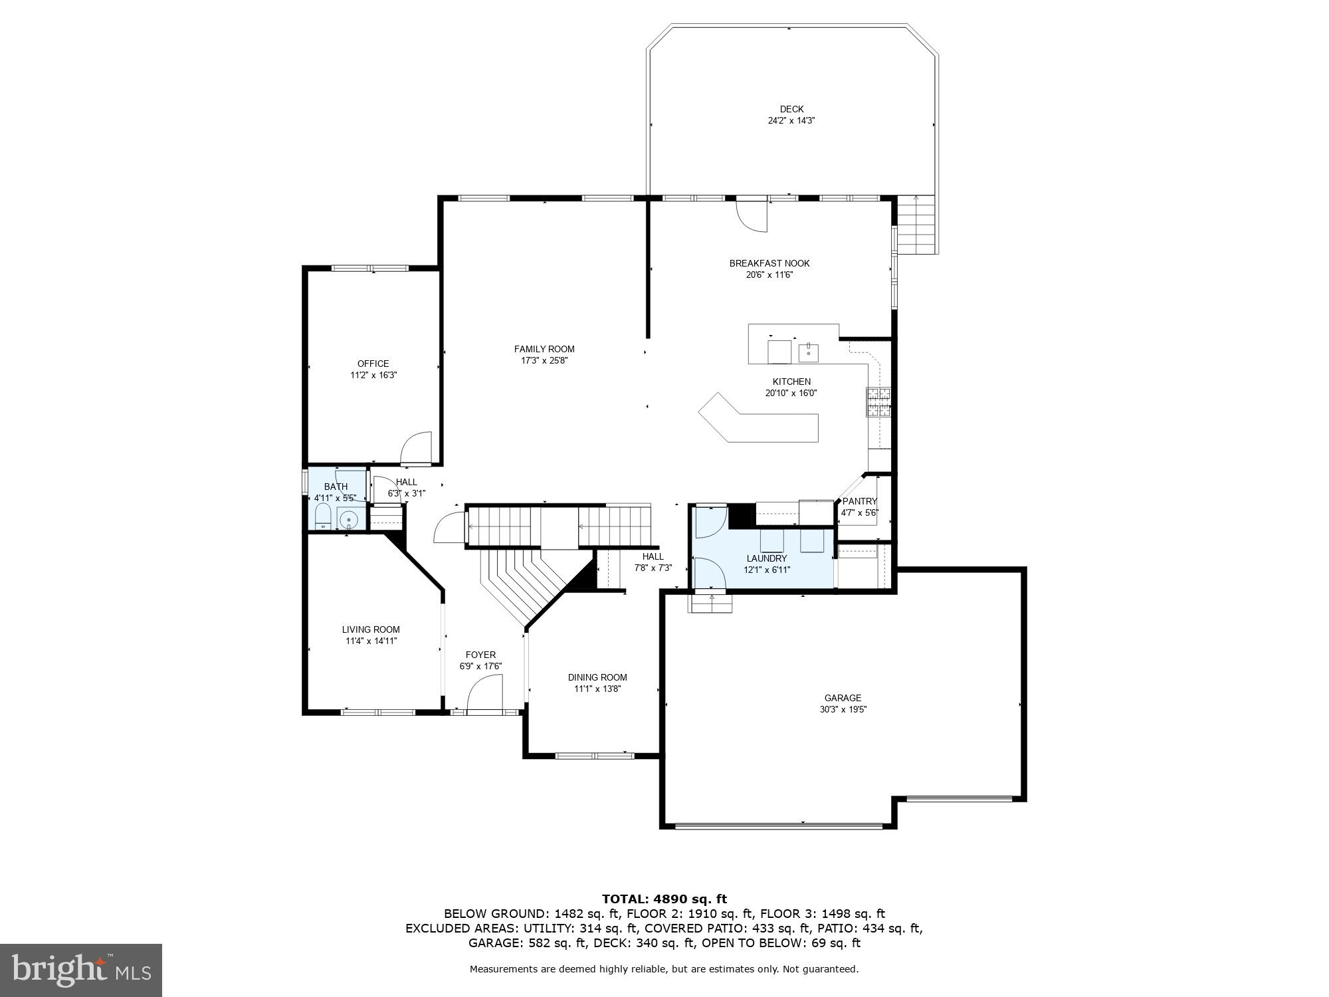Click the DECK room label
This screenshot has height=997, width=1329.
point(791,109)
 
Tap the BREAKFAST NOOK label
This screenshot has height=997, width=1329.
point(769,263)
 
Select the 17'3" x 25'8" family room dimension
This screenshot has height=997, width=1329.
point(544,361)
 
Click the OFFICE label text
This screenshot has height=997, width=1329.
point(373,364)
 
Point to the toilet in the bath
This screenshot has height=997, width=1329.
point(322,516)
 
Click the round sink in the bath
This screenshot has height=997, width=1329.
point(348,518)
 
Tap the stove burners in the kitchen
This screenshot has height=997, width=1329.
point(877,402)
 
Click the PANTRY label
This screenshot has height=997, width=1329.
point(860,501)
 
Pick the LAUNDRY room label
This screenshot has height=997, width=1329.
point(766,558)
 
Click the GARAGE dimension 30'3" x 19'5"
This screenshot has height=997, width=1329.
point(843,709)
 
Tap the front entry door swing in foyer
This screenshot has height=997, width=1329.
point(485,693)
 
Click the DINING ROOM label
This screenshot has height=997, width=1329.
point(597,677)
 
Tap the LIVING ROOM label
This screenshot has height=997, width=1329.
point(371,629)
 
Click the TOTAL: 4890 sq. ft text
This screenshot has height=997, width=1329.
point(664,899)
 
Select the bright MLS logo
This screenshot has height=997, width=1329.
point(81,970)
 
